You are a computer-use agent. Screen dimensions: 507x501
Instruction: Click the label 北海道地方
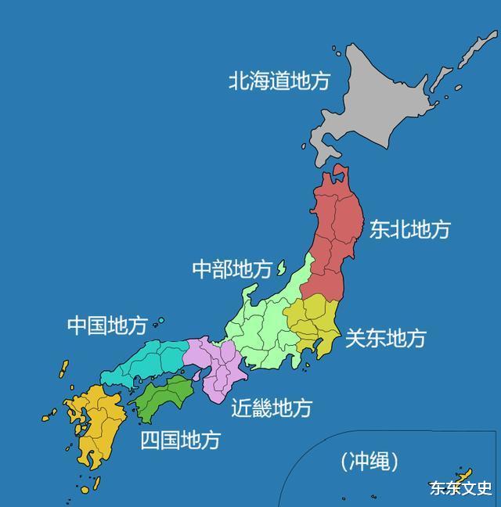(279, 81)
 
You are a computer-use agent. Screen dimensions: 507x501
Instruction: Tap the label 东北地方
(409, 228)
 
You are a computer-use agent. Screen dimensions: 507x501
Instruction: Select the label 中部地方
(232, 269)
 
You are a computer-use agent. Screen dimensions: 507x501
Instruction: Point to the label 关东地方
(385, 338)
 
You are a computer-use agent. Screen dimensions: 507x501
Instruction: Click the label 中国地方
(106, 325)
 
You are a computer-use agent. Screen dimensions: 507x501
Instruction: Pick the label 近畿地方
(271, 408)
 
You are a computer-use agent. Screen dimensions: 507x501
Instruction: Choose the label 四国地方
(180, 440)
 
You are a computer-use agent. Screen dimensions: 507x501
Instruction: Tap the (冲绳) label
(369, 462)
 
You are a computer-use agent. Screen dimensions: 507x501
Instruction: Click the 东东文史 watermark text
(460, 488)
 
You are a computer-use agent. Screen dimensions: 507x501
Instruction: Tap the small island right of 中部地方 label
(280, 268)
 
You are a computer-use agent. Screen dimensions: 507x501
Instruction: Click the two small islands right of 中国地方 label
(159, 322)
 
